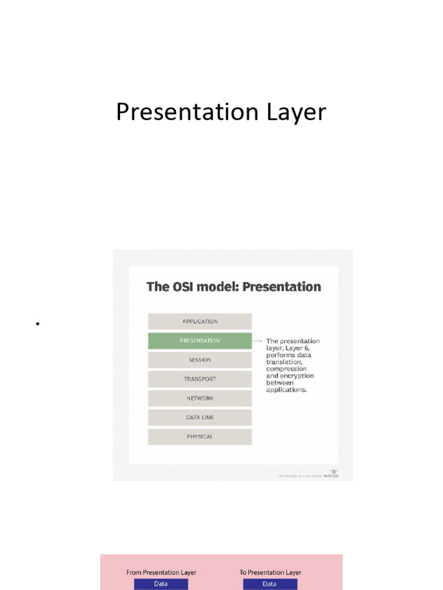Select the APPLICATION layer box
point(200,322)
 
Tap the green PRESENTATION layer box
point(200,341)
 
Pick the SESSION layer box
point(200,360)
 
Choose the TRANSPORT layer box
point(200,379)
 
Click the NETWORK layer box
point(200,398)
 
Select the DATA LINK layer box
point(200,418)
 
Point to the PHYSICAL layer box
point(200,437)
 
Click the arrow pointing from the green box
point(258,341)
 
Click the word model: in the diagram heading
point(219,286)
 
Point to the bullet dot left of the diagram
point(37,324)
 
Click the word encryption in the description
point(297,376)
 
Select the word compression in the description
point(286,369)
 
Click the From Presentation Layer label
point(161,572)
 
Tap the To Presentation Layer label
point(270,572)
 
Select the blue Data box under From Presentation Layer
point(161,584)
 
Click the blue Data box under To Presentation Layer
point(270,584)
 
